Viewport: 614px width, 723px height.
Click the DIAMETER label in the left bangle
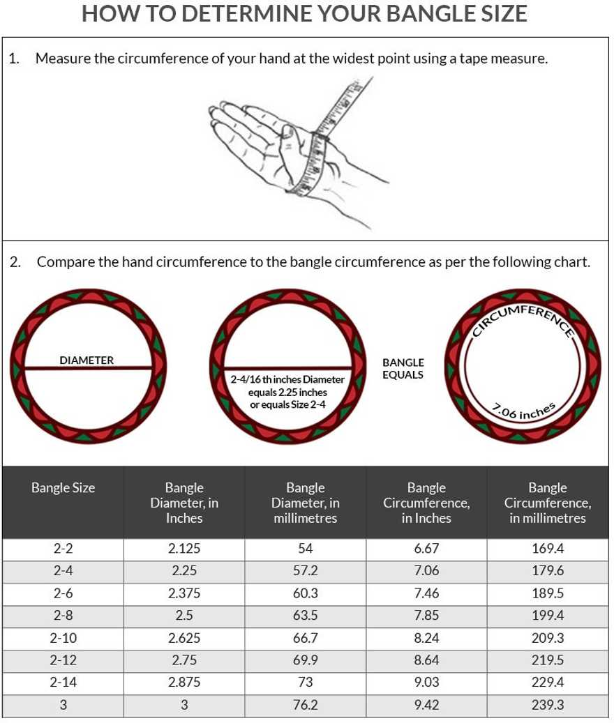coord(87,360)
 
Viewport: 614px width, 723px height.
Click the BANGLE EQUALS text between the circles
coord(403,369)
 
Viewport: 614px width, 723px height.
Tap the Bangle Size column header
coord(63,487)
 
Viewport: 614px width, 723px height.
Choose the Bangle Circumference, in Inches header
coord(426,503)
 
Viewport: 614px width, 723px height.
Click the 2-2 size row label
coord(63,549)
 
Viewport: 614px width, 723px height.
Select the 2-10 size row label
coord(63,638)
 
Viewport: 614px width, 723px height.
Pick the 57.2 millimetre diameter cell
coord(305,571)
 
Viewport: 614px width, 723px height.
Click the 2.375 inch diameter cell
coord(184,593)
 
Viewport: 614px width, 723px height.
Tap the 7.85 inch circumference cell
coord(426,616)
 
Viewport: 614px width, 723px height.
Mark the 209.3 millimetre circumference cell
coord(548,638)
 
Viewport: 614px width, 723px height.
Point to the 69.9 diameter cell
coord(305,660)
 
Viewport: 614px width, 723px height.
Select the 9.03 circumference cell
coord(426,683)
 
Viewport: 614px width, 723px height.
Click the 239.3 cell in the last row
coord(548,705)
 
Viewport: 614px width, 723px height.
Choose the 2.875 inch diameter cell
coord(184,683)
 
